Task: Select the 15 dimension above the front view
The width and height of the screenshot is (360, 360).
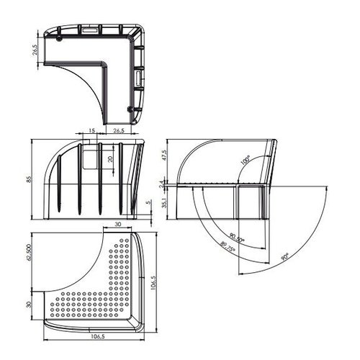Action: [92, 130]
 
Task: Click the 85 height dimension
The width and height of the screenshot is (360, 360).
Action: [30, 180]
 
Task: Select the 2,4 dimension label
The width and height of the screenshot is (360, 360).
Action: [165, 184]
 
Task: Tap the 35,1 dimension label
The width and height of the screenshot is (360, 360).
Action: [165, 204]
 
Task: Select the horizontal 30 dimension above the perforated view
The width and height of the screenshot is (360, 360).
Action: [118, 225]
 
